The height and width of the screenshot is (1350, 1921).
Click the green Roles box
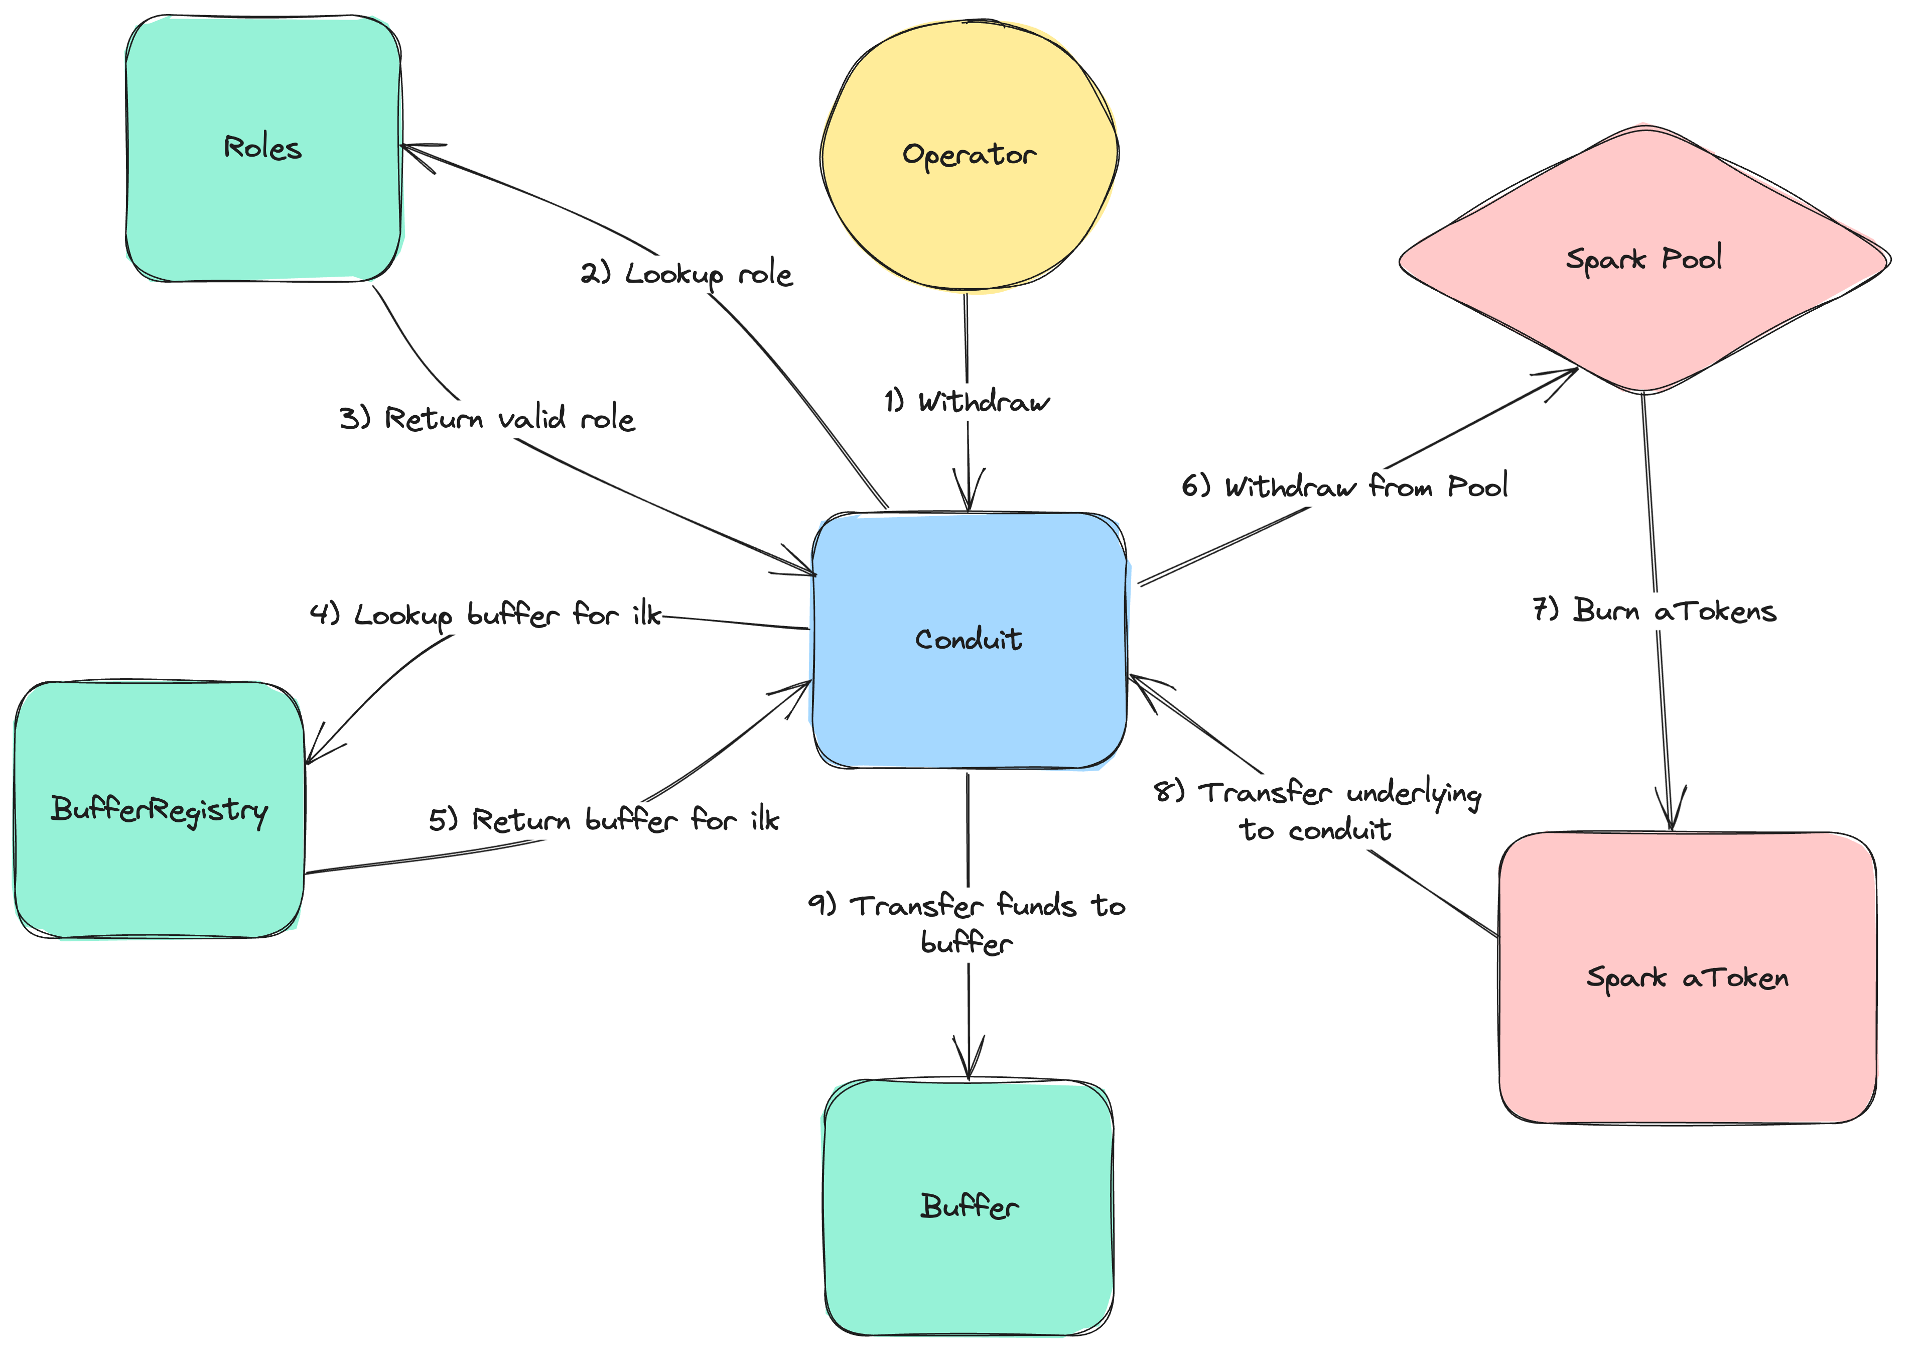click(263, 148)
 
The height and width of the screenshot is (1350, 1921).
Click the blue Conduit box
click(969, 640)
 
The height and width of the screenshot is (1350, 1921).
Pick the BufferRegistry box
click(159, 809)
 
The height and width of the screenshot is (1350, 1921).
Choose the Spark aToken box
click(1687, 977)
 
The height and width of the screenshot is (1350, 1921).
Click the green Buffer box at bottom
click(969, 1207)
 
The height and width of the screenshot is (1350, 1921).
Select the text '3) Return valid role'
click(487, 419)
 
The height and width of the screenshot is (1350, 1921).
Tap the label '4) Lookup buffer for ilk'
click(485, 615)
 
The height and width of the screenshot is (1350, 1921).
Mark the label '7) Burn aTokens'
click(1654, 611)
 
